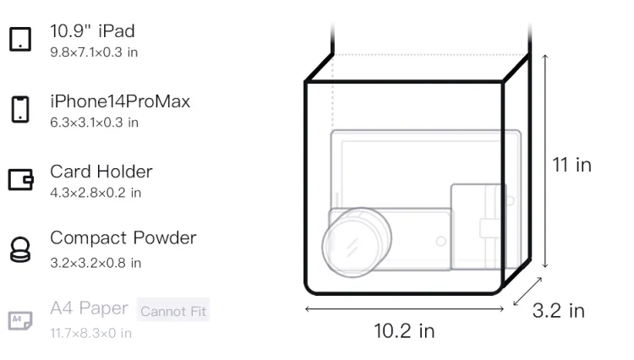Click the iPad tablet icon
[x=20, y=39]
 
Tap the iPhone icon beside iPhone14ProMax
[x=20, y=109]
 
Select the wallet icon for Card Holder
[x=20, y=179]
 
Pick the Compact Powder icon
[x=19, y=249]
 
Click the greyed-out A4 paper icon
[x=20, y=320]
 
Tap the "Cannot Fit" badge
[x=173, y=311]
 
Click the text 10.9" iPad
[x=92, y=31]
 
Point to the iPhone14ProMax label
[x=120, y=101]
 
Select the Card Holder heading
[x=101, y=172]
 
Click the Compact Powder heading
[x=123, y=238]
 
